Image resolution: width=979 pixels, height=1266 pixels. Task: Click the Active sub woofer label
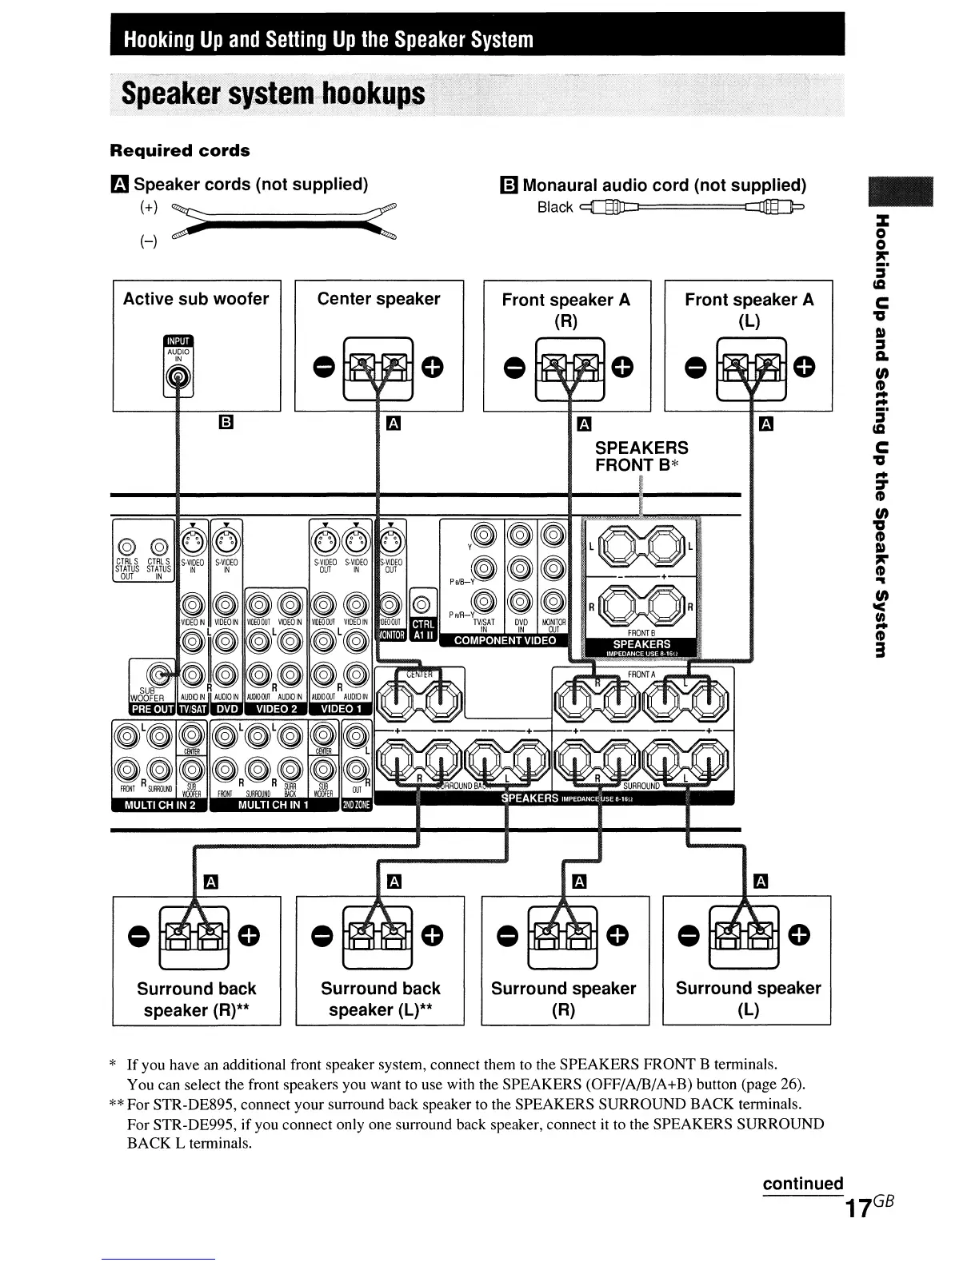196,299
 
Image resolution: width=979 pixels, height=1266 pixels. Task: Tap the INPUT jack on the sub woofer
177,378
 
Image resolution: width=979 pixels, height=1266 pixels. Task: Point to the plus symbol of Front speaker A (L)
804,367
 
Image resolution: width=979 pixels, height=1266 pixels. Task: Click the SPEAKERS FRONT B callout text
641,456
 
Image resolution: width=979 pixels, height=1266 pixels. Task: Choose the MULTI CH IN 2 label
160,805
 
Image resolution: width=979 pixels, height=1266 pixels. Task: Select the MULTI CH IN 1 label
274,805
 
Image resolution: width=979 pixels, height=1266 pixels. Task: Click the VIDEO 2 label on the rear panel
276,709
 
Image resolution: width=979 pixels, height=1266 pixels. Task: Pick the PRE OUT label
152,709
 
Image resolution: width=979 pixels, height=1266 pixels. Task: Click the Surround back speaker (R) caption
197,999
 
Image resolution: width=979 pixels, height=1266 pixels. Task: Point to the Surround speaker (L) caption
748,998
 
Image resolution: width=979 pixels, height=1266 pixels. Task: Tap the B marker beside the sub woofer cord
226,422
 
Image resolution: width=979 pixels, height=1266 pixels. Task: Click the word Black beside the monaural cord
555,208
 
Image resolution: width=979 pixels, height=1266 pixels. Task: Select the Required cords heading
179,151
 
